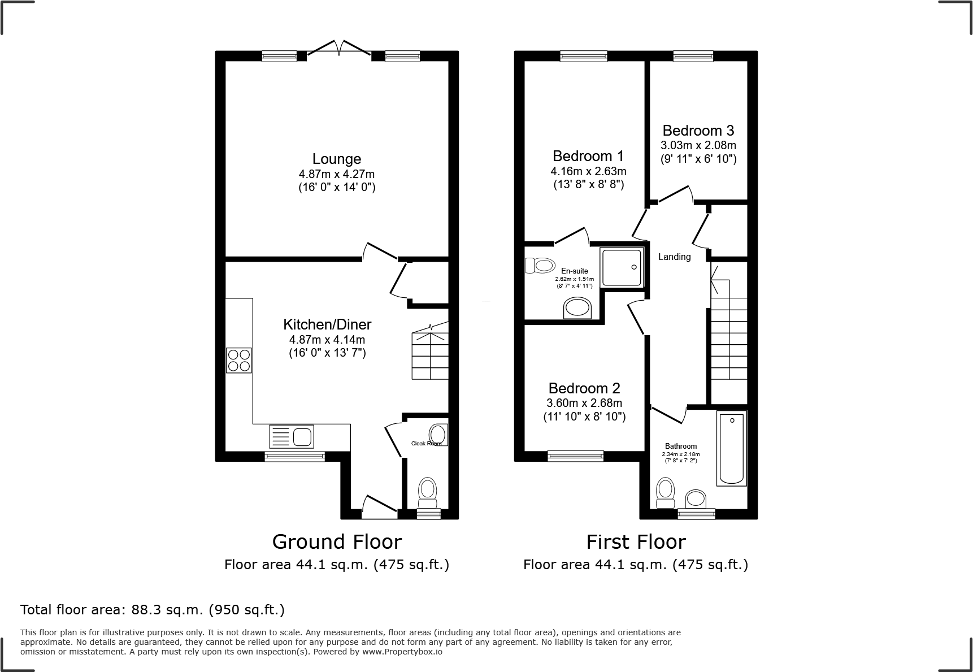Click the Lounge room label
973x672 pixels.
(337, 159)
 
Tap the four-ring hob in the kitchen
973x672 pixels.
(239, 361)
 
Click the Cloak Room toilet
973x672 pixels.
(427, 493)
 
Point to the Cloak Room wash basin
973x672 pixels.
(437, 435)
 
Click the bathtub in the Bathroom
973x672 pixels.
(732, 448)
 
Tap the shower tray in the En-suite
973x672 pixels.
(622, 267)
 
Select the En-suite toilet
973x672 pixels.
(539, 265)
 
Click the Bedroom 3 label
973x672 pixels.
(698, 131)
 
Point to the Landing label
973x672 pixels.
(674, 257)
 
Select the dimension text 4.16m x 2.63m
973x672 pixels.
(588, 171)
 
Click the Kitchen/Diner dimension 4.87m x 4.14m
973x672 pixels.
(327, 340)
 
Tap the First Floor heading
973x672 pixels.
(636, 542)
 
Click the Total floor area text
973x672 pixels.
(153, 610)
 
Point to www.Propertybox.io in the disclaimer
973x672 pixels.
(402, 652)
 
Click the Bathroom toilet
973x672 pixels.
(666, 493)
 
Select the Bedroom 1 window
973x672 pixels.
(584, 55)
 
